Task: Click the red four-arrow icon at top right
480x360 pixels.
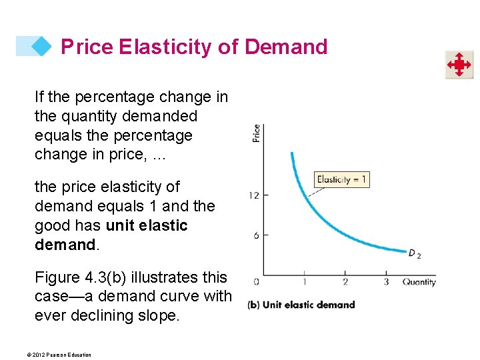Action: pyautogui.click(x=459, y=65)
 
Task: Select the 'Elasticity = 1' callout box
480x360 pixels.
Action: pyautogui.click(x=341, y=179)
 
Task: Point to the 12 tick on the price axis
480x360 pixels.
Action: pyautogui.click(x=254, y=195)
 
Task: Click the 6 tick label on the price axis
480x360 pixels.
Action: pyautogui.click(x=256, y=235)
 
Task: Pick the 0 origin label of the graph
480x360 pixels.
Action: pyautogui.click(x=257, y=282)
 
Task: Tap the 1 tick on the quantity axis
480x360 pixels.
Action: pyautogui.click(x=305, y=282)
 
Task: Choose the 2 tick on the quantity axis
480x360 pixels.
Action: pyautogui.click(x=345, y=282)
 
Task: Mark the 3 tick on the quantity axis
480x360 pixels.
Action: pyautogui.click(x=386, y=282)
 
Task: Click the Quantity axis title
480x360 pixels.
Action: pyautogui.click(x=419, y=282)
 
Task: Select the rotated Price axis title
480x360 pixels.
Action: pyautogui.click(x=256, y=133)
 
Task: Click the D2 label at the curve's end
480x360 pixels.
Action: pyautogui.click(x=414, y=254)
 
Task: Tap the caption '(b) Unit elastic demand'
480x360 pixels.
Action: pyautogui.click(x=301, y=305)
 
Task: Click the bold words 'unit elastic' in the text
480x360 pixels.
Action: pyautogui.click(x=147, y=225)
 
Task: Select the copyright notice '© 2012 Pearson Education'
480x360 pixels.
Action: pyautogui.click(x=63, y=355)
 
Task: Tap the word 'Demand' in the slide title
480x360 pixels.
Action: pyautogui.click(x=286, y=47)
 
